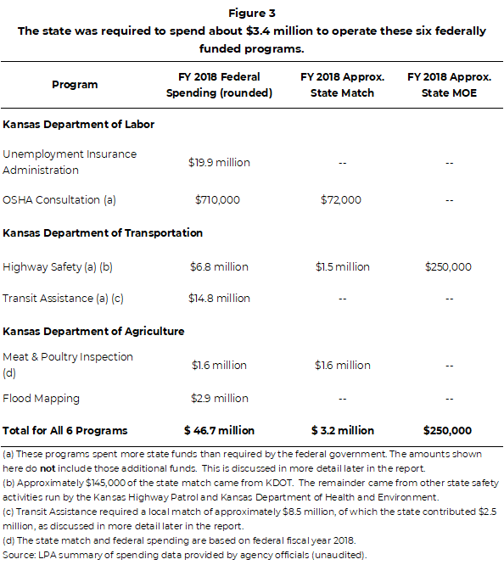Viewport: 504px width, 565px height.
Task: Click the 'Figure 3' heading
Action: [252, 14]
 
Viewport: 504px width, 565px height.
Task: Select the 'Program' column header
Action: [75, 85]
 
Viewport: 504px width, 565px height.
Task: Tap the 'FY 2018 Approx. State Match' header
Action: [342, 85]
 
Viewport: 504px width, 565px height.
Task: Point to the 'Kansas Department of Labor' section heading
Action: [79, 125]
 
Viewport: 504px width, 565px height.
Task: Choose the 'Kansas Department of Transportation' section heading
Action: [103, 232]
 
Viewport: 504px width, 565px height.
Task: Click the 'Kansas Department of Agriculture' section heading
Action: [93, 331]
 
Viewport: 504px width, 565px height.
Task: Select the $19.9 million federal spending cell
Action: [219, 162]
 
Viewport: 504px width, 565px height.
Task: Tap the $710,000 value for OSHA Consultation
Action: [219, 200]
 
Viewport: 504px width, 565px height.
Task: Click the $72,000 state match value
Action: [341, 200]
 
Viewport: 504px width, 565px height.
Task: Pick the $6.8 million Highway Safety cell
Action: [219, 267]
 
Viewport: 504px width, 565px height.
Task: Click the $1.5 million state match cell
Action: [342, 267]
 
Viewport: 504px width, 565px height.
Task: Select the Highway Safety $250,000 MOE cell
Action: [448, 267]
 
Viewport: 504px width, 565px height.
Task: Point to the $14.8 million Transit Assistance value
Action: [219, 299]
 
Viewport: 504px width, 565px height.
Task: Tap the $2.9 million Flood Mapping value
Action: [219, 399]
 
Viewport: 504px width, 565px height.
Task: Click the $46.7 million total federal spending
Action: [219, 431]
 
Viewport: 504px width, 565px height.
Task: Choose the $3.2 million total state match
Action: [342, 431]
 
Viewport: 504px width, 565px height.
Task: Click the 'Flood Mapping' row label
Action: [41, 399]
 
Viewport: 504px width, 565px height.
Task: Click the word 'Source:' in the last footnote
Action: [18, 555]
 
